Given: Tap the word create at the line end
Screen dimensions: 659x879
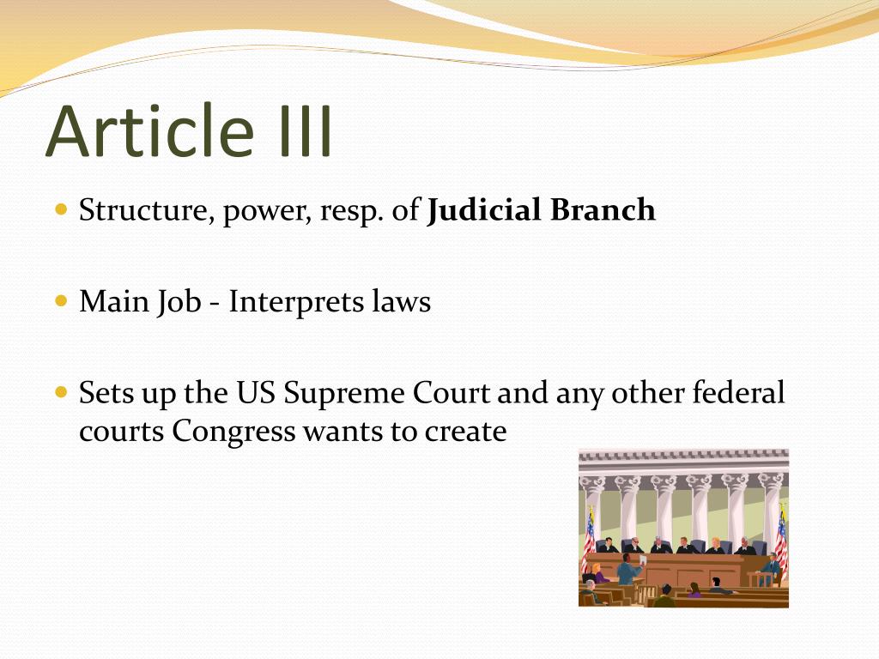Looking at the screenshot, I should click(x=466, y=431).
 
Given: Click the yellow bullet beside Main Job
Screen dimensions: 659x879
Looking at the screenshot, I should click(x=61, y=301).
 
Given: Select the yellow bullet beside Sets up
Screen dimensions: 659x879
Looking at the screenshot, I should click(x=61, y=393).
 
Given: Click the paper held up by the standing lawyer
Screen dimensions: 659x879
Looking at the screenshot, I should click(x=643, y=559).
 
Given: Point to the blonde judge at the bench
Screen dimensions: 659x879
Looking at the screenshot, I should click(x=715, y=545).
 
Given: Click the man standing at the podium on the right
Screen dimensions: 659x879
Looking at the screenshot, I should click(x=772, y=566).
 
